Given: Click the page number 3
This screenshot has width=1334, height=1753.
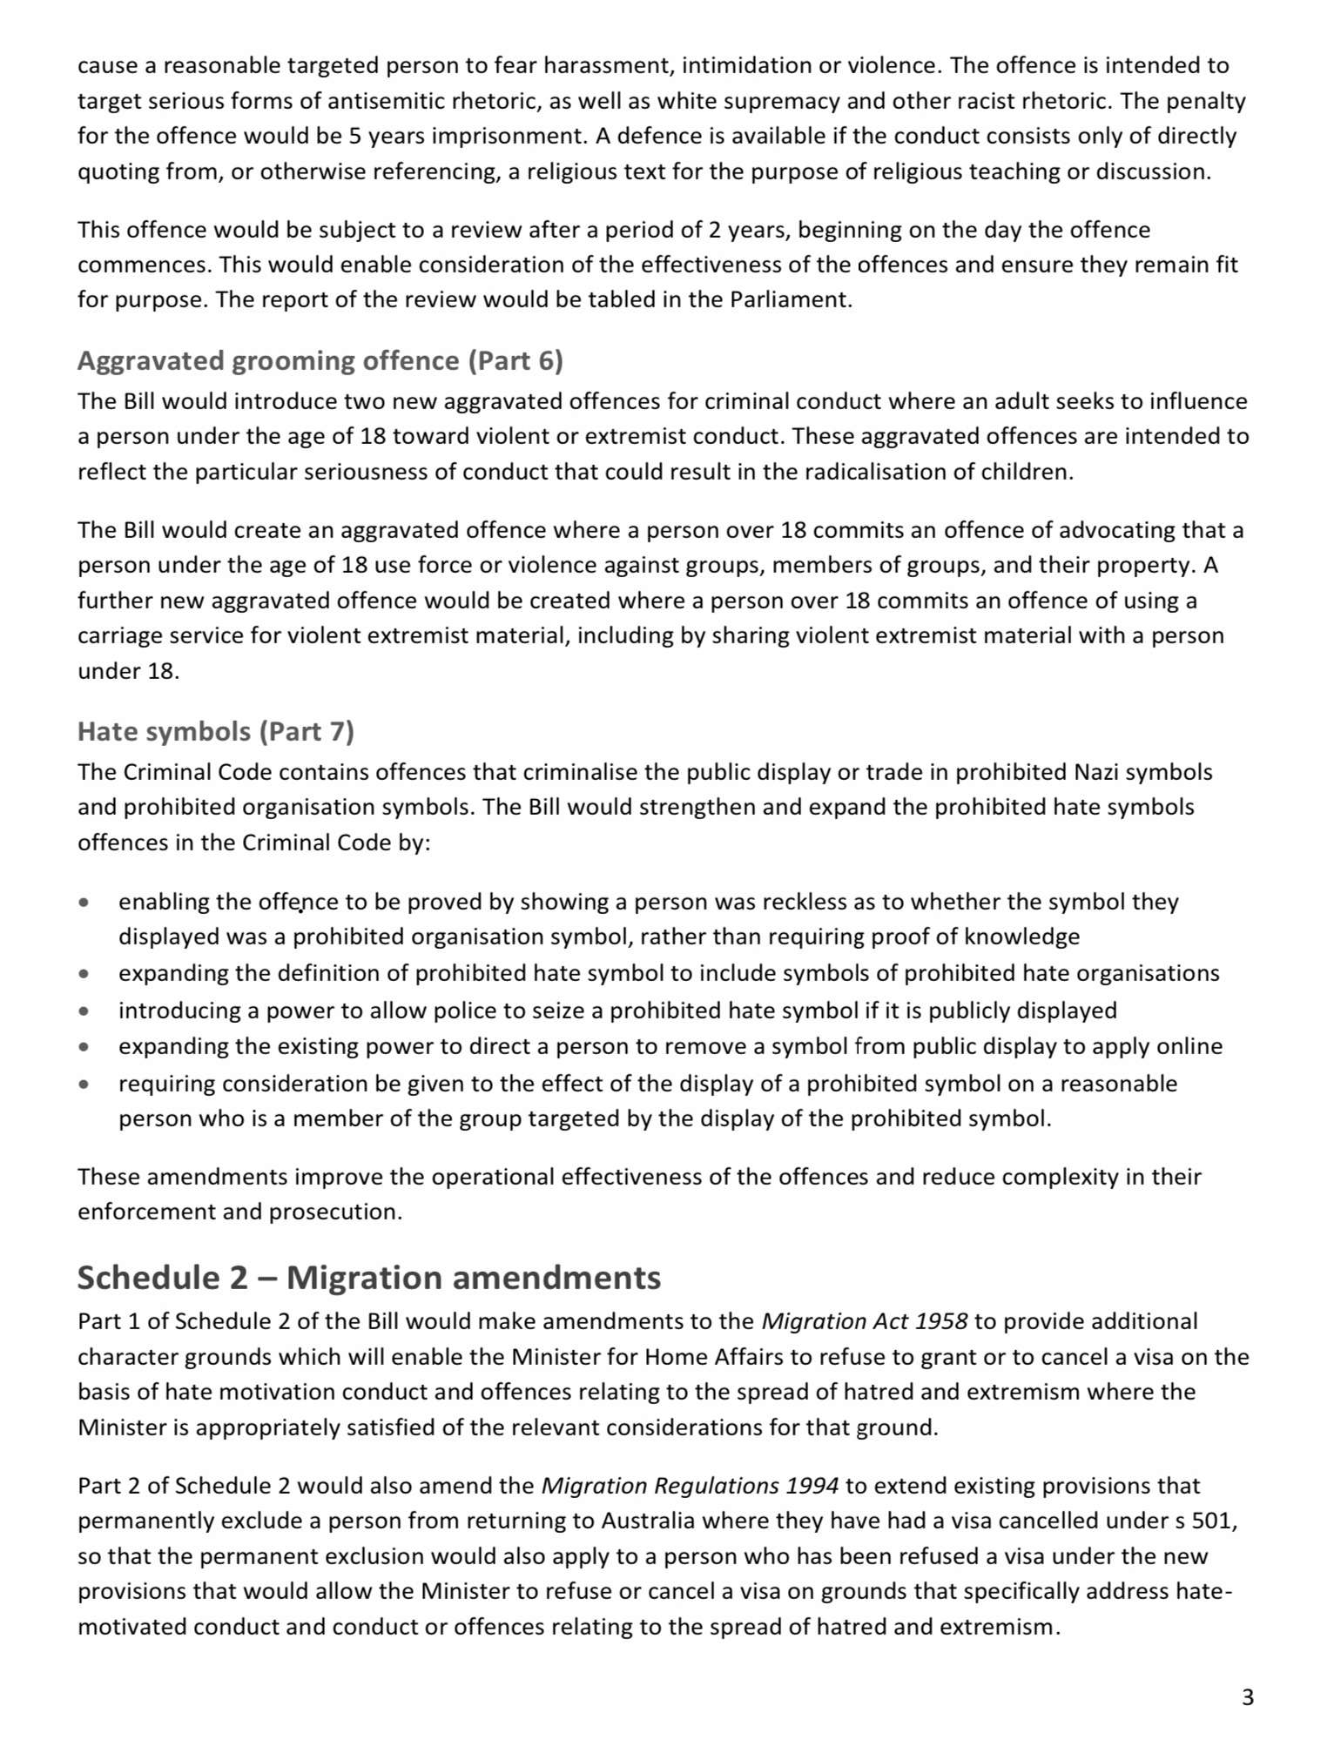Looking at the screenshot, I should pyautogui.click(x=1247, y=1696).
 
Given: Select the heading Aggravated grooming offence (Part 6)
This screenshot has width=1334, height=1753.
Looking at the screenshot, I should pyautogui.click(x=320, y=360).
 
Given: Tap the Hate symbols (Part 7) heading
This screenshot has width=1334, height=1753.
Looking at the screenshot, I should pyautogui.click(x=215, y=731).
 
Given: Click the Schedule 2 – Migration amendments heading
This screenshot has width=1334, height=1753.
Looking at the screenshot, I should pyautogui.click(x=368, y=1277).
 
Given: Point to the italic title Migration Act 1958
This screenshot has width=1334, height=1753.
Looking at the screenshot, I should pyautogui.click(x=864, y=1321).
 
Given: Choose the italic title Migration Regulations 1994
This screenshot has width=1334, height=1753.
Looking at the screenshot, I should pyautogui.click(x=690, y=1485).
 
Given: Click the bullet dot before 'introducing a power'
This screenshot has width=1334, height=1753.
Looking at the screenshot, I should pyautogui.click(x=84, y=1011).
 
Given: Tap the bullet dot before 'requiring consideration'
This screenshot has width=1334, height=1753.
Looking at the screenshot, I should pyautogui.click(x=84, y=1085).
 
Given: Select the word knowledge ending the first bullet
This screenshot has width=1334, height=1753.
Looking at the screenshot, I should pyautogui.click(x=1023, y=937).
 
